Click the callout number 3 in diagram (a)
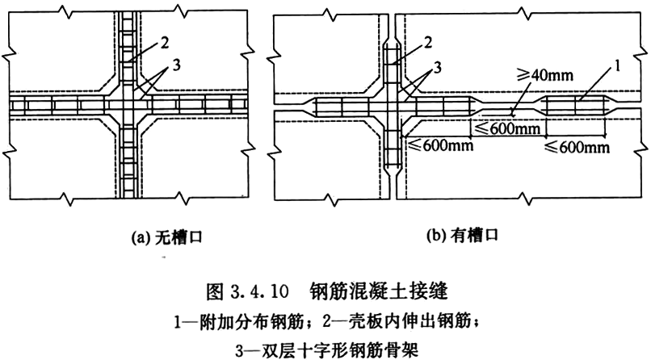pos(170,66)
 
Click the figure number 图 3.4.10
pos(249,287)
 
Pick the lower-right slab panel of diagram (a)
pos(194,161)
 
